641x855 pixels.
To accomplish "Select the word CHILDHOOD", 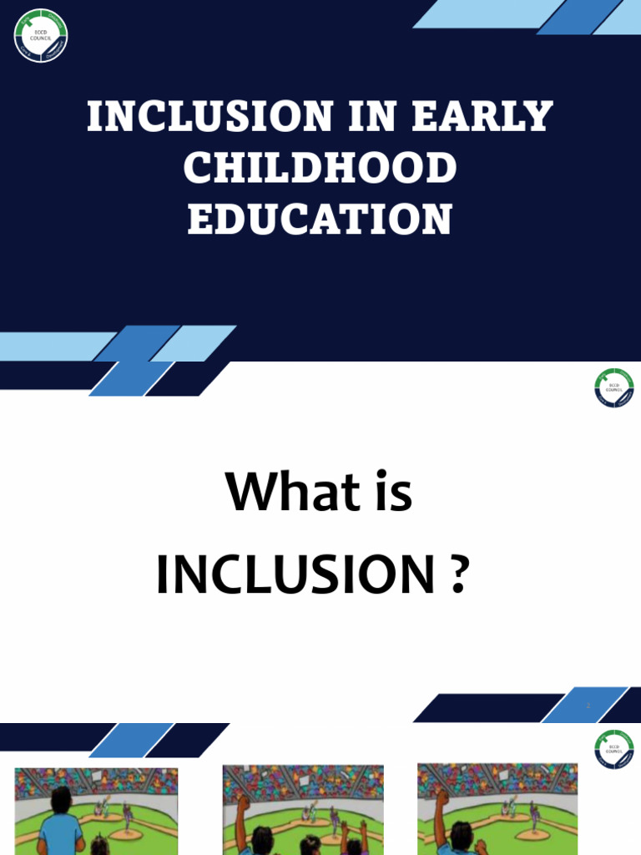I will click(320, 169).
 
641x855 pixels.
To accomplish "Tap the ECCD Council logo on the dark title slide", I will click(41, 35).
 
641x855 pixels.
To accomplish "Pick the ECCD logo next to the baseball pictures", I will click(614, 749).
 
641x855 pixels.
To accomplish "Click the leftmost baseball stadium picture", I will click(96, 811).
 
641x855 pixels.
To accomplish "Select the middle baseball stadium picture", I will click(303, 810).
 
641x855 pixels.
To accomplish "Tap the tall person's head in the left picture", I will click(61, 799).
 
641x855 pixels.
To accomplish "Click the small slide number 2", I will click(588, 706).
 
